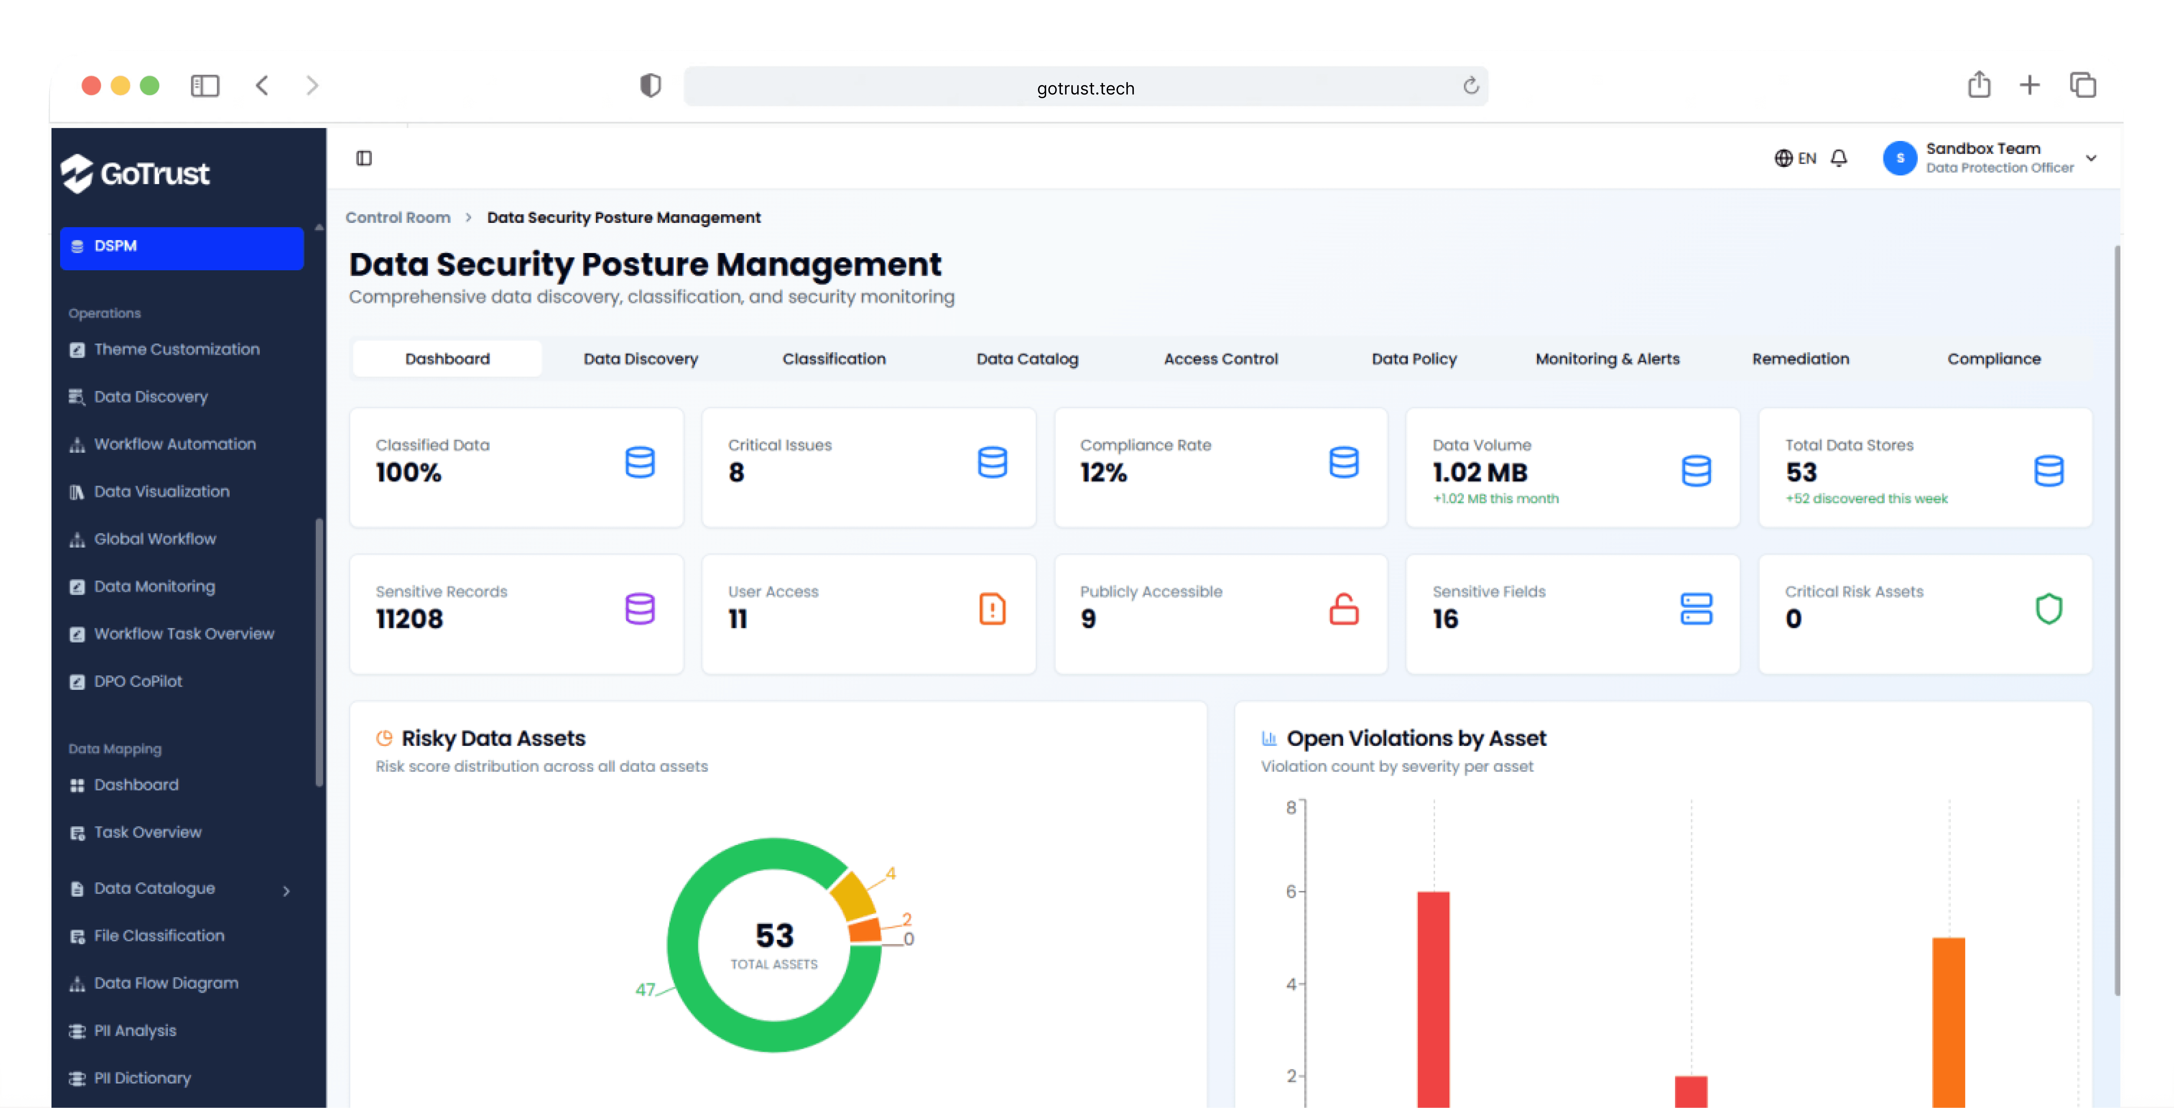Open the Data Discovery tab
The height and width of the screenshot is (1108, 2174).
click(x=641, y=359)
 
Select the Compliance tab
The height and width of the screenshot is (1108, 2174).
click(x=1993, y=359)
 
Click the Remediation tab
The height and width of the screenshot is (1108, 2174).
click(x=1800, y=359)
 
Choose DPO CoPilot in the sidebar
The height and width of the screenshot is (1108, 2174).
click(x=137, y=681)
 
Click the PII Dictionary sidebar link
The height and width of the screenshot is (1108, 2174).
click(x=142, y=1078)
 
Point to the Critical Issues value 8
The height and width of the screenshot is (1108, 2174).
click(x=736, y=473)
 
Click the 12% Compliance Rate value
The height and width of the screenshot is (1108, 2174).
click(x=1103, y=473)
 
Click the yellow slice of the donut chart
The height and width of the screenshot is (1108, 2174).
click(x=852, y=896)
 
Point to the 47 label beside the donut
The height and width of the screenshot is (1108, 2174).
click(x=645, y=989)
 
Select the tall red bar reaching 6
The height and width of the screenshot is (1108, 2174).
click(x=1433, y=996)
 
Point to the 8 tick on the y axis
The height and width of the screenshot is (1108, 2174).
click(x=1290, y=808)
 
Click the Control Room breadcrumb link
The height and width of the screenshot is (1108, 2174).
click(x=398, y=218)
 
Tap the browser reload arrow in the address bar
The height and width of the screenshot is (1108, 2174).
click(x=1470, y=86)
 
